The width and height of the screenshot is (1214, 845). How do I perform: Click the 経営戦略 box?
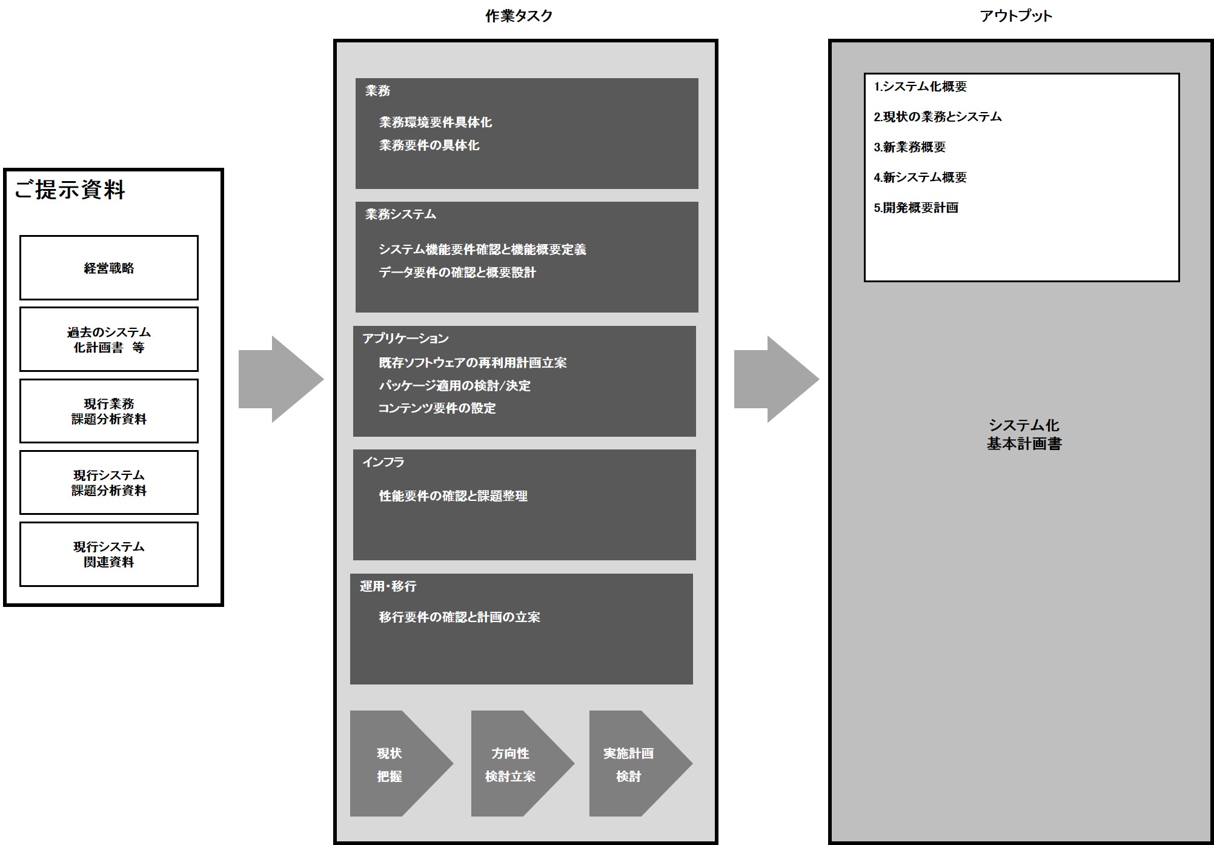(x=109, y=268)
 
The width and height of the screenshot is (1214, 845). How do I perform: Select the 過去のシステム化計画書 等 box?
(x=109, y=339)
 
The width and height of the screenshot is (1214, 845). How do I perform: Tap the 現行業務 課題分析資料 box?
(x=109, y=411)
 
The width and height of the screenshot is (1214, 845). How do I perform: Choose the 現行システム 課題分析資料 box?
(x=109, y=482)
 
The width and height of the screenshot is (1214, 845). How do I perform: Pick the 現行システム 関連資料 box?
(x=109, y=554)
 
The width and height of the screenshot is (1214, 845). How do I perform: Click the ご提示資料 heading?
(x=70, y=190)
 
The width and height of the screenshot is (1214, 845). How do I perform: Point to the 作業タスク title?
(x=519, y=16)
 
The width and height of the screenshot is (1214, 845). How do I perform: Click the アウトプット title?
(x=1016, y=16)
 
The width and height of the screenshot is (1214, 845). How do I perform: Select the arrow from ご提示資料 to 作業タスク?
(x=280, y=379)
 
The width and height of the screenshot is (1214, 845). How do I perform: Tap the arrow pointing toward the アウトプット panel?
(x=775, y=379)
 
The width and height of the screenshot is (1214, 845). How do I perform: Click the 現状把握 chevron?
(x=397, y=764)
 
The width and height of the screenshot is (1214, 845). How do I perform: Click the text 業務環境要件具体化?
(x=436, y=122)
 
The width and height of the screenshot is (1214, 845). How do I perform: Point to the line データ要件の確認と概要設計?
(x=457, y=273)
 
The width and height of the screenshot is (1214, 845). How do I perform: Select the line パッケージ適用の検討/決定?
(x=454, y=385)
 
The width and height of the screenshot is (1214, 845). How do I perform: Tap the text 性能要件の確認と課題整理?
(x=453, y=496)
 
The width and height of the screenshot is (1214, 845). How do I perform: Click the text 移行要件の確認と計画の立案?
(x=459, y=617)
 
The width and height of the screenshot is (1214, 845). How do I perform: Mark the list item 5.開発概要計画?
(x=916, y=208)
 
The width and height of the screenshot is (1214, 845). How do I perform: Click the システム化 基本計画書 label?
(x=1024, y=434)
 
